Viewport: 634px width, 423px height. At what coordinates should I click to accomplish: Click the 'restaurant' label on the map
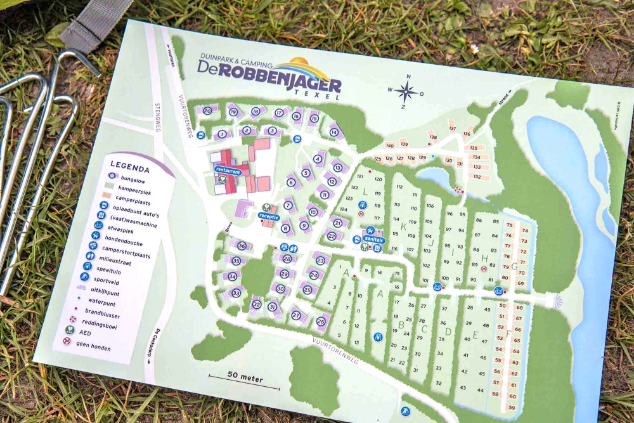coord(228,171)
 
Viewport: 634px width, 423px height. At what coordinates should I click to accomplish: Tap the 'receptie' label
coord(269,216)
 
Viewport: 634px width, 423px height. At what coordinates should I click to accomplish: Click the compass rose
coord(406,92)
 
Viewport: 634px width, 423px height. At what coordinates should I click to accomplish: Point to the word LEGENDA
coord(129,169)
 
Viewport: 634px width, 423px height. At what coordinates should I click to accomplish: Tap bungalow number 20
coord(207,110)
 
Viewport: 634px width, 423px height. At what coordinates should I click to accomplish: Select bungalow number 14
coord(333,132)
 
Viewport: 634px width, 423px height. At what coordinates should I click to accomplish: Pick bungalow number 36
coord(241,245)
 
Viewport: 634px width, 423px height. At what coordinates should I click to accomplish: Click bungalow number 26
coord(321,322)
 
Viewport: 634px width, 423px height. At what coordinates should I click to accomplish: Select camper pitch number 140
coord(390,145)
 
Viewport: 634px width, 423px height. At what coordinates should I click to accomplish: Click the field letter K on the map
coord(403,226)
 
